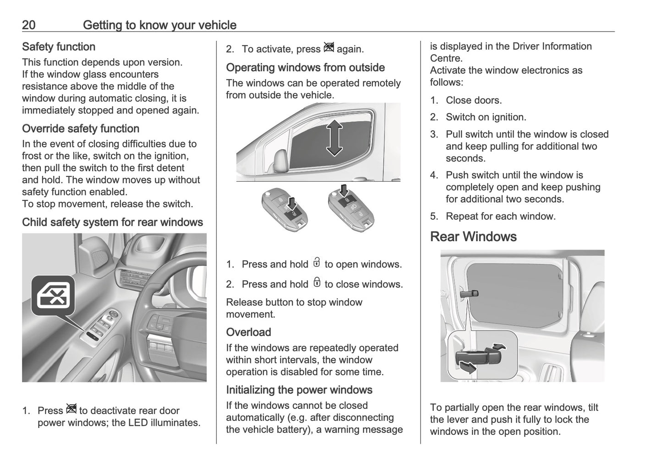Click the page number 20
point(28,25)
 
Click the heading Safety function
point(59,47)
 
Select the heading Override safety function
point(81,129)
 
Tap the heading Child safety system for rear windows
point(112,222)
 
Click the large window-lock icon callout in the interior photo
point(53,296)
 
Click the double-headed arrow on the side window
point(334,138)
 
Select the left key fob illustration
point(284,209)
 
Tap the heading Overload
point(248,332)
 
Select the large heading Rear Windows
point(473,237)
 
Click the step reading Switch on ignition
point(486,117)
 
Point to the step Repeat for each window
point(500,216)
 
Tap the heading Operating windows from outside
point(305,68)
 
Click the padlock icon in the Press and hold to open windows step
point(317,263)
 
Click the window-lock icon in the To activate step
point(328,48)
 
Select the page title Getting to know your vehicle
point(159,25)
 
